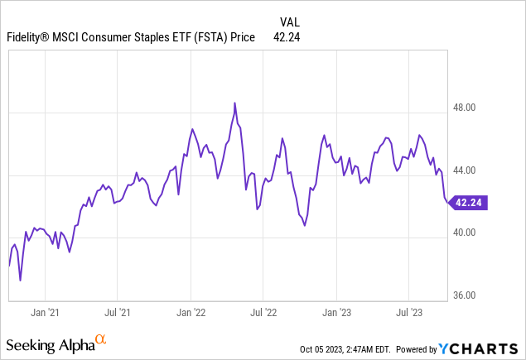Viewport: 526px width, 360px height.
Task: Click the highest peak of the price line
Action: (235, 103)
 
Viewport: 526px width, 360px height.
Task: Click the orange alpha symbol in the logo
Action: (100, 338)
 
